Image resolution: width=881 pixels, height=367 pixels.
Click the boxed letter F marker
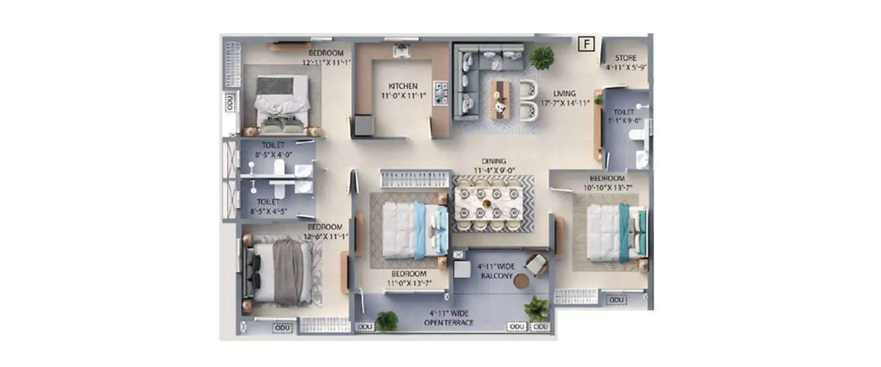[x=586, y=43]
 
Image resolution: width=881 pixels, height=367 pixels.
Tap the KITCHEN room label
[x=403, y=86]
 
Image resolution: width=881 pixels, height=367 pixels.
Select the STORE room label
[x=626, y=58]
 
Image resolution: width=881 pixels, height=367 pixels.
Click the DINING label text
[x=493, y=161]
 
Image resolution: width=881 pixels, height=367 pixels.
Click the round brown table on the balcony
[x=521, y=281]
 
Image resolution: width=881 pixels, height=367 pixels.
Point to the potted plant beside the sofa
[x=541, y=58]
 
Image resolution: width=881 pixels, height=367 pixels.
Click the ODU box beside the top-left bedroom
[x=230, y=103]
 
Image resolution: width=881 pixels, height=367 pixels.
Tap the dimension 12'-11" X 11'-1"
[x=326, y=62]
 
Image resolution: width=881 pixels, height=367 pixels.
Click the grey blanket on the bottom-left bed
[x=288, y=271]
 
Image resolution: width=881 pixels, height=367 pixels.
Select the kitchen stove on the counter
[x=440, y=93]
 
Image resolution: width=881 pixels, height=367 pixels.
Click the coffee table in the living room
[x=500, y=99]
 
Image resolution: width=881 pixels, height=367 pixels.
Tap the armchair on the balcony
[x=536, y=264]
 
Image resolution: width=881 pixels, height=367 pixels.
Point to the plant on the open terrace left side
[x=386, y=321]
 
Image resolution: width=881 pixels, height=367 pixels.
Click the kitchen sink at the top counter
[x=402, y=51]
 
